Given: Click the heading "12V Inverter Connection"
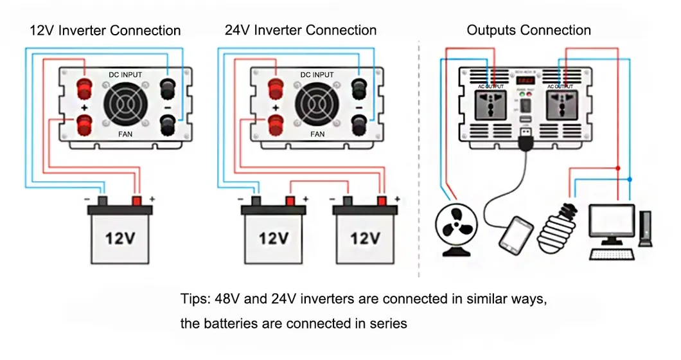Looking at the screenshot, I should point(105,30).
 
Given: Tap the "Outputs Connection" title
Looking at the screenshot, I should point(529,30).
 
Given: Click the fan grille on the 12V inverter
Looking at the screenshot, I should point(126,105).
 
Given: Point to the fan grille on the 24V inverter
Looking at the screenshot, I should point(317,105).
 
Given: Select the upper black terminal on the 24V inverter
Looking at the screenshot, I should point(359,85).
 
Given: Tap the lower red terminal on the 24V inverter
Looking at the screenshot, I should point(274,125).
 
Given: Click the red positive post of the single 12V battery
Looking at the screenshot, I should point(137,201).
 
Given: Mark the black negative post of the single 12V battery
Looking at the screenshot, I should point(102,201).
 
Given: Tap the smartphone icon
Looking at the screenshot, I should point(517,234).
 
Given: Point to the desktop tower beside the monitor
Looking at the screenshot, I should point(644,228).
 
